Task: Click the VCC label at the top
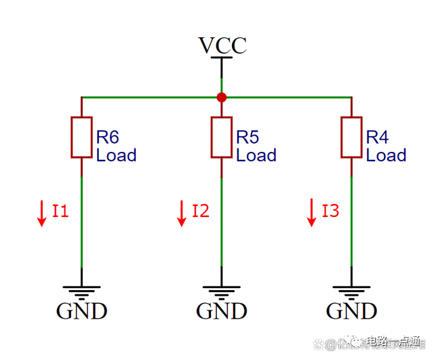coord(222,45)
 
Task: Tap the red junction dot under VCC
coord(222,98)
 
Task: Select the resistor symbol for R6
coord(81,138)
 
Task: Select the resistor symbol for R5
coord(222,138)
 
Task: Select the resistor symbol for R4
coord(351,138)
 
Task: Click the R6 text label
coord(107,138)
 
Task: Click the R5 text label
coord(248,138)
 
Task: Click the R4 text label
coord(377,138)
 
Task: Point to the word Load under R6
coord(116,155)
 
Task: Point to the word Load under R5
coord(256,155)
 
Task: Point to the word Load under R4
coord(386,155)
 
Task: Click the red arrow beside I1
coord(41,213)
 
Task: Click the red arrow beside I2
coord(182,213)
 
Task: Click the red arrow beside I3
coord(312,213)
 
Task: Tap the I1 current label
coord(61,211)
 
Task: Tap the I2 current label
coord(201,211)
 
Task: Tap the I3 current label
coord(330,211)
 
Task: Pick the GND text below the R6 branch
coord(81,311)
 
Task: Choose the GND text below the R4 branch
coord(351,311)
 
